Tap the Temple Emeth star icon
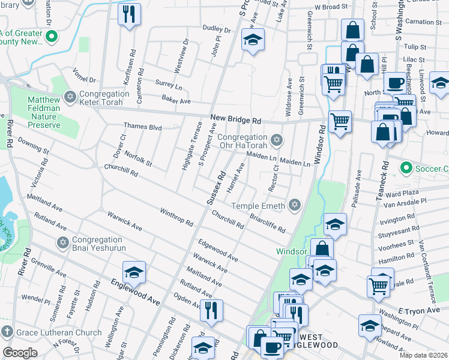[x=294, y=206]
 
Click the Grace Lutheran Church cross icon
[x=7, y=332]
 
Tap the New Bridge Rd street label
[x=236, y=120]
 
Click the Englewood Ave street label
[x=135, y=291]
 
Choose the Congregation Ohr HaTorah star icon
[x=276, y=140]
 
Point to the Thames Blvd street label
[x=143, y=127]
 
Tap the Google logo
[x=20, y=353]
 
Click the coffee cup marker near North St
[x=394, y=82]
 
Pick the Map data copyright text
[x=423, y=355]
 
